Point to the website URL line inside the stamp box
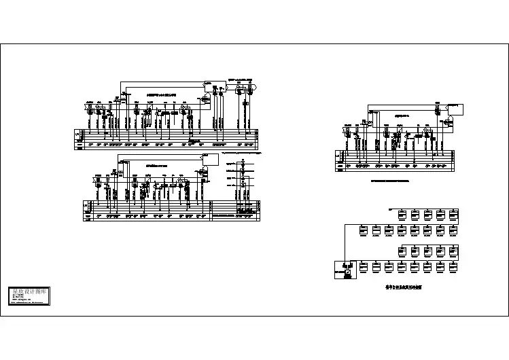24,299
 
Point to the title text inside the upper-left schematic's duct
162,94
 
